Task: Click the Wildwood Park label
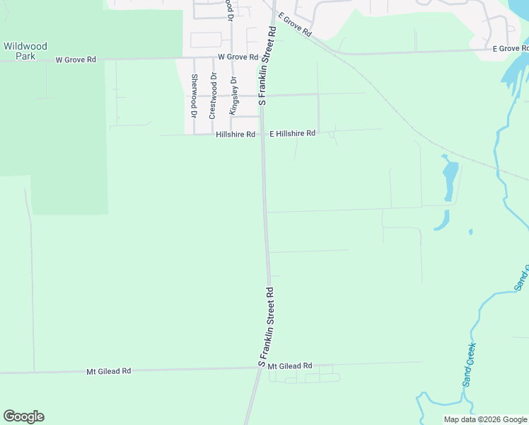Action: (25, 51)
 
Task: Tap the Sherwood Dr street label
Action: (193, 95)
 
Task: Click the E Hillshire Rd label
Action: (292, 133)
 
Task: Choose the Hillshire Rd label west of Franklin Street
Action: (236, 135)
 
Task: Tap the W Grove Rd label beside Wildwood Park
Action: (76, 59)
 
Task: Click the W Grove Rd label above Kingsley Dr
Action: (238, 57)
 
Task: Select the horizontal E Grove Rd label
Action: (510, 48)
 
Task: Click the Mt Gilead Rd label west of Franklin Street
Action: (109, 370)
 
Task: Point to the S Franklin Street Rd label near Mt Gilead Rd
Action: (267, 327)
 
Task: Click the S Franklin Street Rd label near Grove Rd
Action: (267, 66)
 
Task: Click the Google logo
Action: (23, 416)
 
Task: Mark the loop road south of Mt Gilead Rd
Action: (304, 377)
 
